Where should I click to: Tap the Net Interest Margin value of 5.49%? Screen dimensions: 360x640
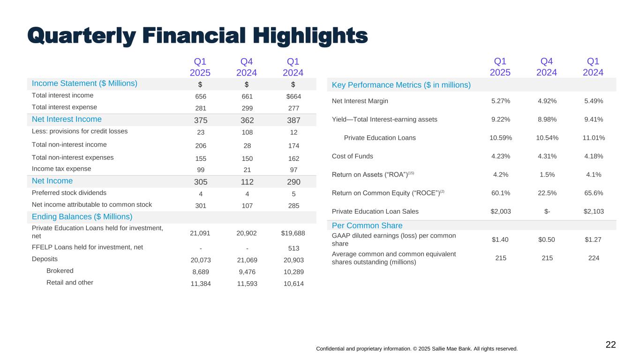point(593,101)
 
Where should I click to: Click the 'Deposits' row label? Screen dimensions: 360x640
point(45,258)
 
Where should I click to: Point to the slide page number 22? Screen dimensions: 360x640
point(610,345)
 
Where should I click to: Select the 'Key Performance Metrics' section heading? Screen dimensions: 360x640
point(401,85)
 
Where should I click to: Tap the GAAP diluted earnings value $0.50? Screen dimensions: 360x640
point(547,240)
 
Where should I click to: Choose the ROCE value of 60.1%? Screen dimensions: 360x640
point(500,193)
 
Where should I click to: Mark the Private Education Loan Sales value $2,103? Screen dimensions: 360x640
point(593,211)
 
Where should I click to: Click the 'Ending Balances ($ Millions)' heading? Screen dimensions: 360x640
point(82,217)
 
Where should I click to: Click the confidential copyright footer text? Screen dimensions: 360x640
point(417,349)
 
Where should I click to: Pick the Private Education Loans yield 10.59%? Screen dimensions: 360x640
point(500,138)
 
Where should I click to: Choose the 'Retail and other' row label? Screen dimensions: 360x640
point(69,282)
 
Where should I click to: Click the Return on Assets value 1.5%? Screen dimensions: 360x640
point(547,174)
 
